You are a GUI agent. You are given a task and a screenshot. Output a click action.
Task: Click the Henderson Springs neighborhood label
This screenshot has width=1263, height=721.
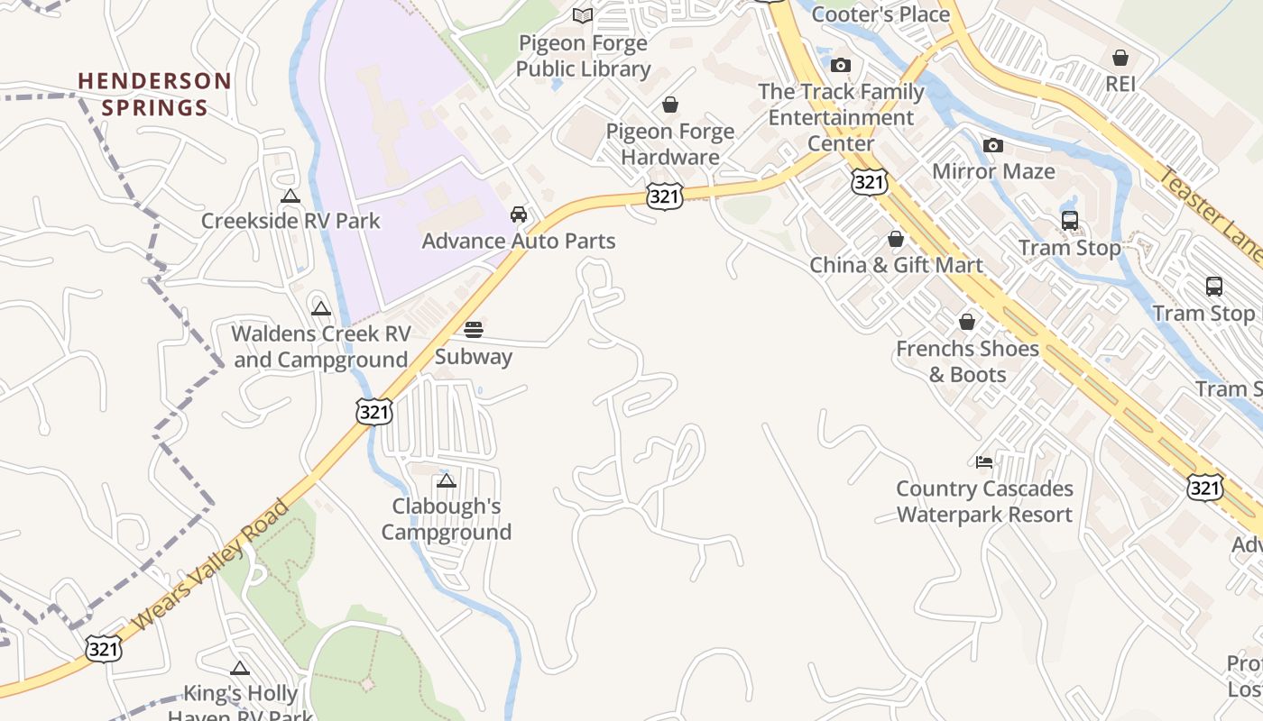154,94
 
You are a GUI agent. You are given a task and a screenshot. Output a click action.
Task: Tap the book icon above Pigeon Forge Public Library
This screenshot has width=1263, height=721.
583,15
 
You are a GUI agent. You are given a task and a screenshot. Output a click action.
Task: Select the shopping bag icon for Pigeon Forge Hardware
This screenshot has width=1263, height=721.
670,105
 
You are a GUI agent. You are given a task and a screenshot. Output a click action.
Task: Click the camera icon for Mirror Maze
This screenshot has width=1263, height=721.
993,145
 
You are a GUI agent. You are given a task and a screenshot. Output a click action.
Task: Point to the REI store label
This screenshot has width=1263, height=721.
1120,84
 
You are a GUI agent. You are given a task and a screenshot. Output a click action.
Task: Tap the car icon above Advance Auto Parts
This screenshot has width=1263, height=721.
519,214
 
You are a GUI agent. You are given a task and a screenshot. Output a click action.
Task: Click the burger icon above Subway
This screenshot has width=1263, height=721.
474,330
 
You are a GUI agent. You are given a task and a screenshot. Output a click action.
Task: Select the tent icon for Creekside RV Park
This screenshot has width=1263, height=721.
290,196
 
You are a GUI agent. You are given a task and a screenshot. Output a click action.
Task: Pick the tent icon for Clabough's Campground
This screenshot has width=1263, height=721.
446,480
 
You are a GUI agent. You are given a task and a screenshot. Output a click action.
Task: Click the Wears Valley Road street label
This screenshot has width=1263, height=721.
213,565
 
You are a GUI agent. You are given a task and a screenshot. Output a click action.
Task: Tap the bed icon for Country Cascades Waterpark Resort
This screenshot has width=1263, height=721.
984,462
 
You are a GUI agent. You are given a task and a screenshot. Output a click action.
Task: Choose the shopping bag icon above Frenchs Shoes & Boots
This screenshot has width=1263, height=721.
967,322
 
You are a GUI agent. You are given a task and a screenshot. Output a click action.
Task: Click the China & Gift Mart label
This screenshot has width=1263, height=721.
896,265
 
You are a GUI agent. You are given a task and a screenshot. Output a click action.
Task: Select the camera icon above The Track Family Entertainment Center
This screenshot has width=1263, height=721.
841,66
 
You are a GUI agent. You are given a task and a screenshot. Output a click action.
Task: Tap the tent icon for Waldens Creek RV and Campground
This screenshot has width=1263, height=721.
320,309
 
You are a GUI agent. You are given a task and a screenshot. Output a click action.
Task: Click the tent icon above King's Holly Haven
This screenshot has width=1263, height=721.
239,669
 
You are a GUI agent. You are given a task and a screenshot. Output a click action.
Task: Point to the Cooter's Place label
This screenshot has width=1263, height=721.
880,14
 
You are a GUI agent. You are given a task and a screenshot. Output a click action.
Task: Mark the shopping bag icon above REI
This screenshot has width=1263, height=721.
1120,59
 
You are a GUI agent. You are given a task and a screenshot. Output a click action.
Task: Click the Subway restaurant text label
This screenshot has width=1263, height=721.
474,356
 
